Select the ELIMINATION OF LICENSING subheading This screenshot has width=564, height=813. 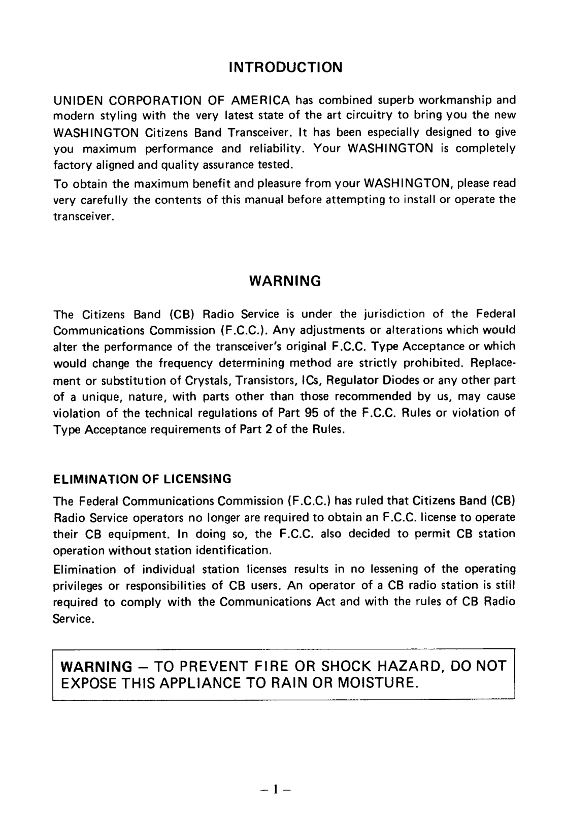142,479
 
